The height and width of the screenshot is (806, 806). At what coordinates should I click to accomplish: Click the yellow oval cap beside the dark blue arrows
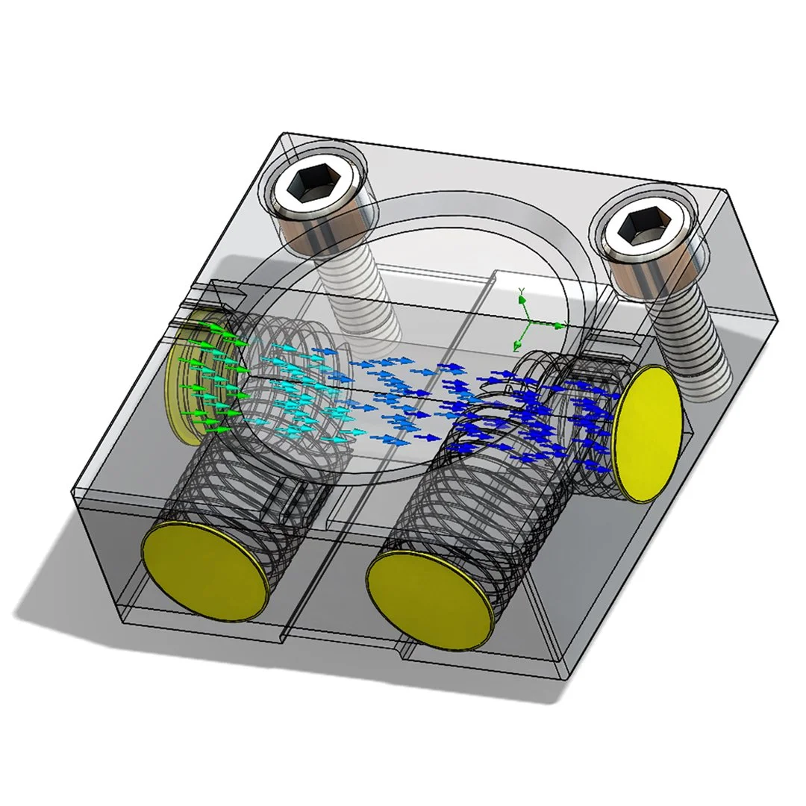[x=647, y=433]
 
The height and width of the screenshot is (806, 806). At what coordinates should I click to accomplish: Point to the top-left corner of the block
[x=278, y=134]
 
